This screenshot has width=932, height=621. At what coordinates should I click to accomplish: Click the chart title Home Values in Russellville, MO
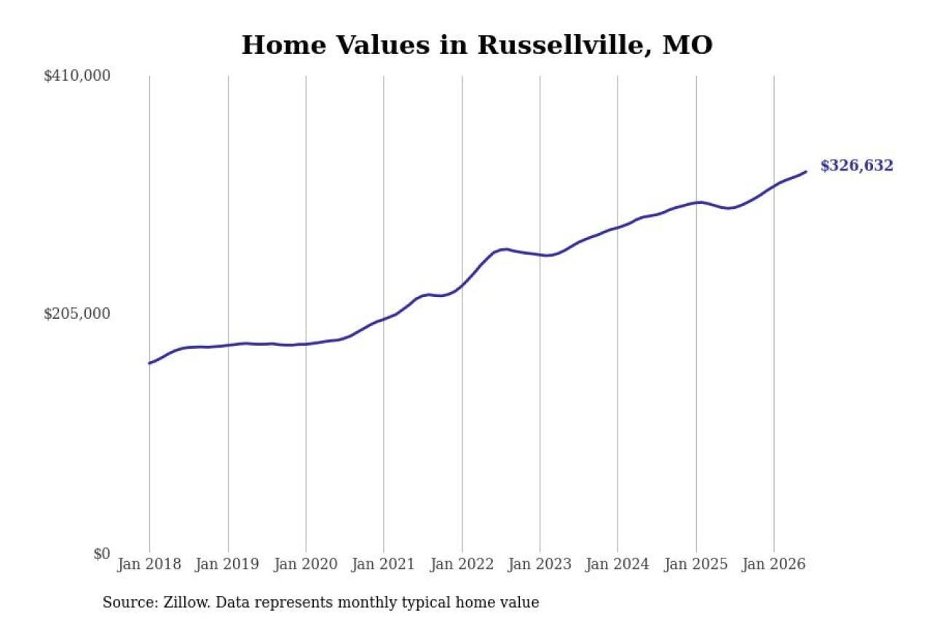[x=477, y=45]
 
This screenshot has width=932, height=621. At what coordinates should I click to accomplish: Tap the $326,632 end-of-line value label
[x=856, y=165]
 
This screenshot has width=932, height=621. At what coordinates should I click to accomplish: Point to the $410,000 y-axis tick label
[x=77, y=76]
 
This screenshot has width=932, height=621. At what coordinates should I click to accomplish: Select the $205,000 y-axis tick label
[x=77, y=314]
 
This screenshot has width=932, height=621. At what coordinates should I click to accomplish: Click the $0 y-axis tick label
[x=102, y=554]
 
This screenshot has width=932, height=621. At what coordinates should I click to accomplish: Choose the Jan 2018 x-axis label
[x=149, y=564]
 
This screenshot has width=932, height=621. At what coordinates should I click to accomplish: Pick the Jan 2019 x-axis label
[x=227, y=564]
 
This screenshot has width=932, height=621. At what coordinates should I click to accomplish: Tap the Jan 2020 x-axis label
[x=305, y=564]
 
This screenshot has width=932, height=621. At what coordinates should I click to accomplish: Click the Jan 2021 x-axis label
[x=383, y=564]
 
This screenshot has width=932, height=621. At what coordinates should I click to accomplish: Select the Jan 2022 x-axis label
[x=462, y=564]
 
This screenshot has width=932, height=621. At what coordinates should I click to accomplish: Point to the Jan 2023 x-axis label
[x=540, y=564]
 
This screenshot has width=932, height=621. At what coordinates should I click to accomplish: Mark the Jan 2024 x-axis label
[x=617, y=564]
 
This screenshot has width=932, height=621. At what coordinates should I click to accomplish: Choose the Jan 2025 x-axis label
[x=695, y=564]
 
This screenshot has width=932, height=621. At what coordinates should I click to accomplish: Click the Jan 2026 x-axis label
[x=773, y=564]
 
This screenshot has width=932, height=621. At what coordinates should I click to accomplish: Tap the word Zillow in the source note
[x=187, y=602]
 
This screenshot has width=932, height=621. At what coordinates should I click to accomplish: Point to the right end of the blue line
[x=806, y=172]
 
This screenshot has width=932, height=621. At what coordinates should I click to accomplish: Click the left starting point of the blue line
[x=150, y=363]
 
